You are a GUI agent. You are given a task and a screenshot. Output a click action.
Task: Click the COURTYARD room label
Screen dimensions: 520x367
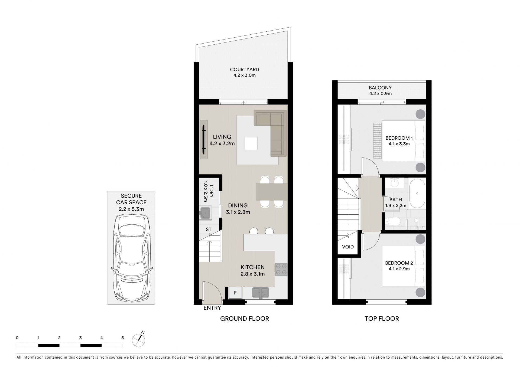(244, 70)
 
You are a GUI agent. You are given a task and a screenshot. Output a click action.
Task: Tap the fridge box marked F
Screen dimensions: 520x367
(235, 293)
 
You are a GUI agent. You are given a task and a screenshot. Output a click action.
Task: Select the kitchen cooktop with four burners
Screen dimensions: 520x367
(281, 269)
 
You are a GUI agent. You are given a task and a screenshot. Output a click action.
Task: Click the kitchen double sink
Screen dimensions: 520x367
(261, 293)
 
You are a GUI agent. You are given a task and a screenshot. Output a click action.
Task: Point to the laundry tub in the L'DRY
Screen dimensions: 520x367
(205, 212)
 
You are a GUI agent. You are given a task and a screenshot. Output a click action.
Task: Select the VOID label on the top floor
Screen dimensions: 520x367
(348, 247)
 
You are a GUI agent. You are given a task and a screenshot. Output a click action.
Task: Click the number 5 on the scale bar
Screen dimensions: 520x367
(123, 337)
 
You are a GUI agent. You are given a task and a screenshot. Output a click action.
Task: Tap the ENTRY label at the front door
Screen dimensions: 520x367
(212, 308)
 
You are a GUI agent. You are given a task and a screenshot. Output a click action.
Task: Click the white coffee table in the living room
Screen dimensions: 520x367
(251, 143)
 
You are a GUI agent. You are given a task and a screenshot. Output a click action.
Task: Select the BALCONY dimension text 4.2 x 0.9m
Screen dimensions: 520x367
(380, 94)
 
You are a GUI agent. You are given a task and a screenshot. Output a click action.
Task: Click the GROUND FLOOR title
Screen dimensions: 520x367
(245, 319)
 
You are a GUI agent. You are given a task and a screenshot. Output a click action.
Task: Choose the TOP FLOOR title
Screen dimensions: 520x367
(382, 319)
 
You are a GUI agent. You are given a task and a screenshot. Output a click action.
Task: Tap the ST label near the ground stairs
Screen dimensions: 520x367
(209, 230)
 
